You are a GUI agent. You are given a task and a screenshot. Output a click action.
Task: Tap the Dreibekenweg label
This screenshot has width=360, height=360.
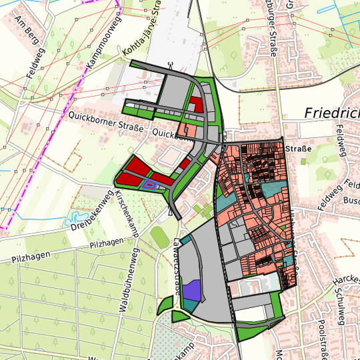click(x=91, y=211)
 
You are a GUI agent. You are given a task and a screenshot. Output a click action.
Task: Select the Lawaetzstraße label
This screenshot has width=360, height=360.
click(x=177, y=267)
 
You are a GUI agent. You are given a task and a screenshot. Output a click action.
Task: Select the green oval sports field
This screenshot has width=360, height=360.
click(x=158, y=237)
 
